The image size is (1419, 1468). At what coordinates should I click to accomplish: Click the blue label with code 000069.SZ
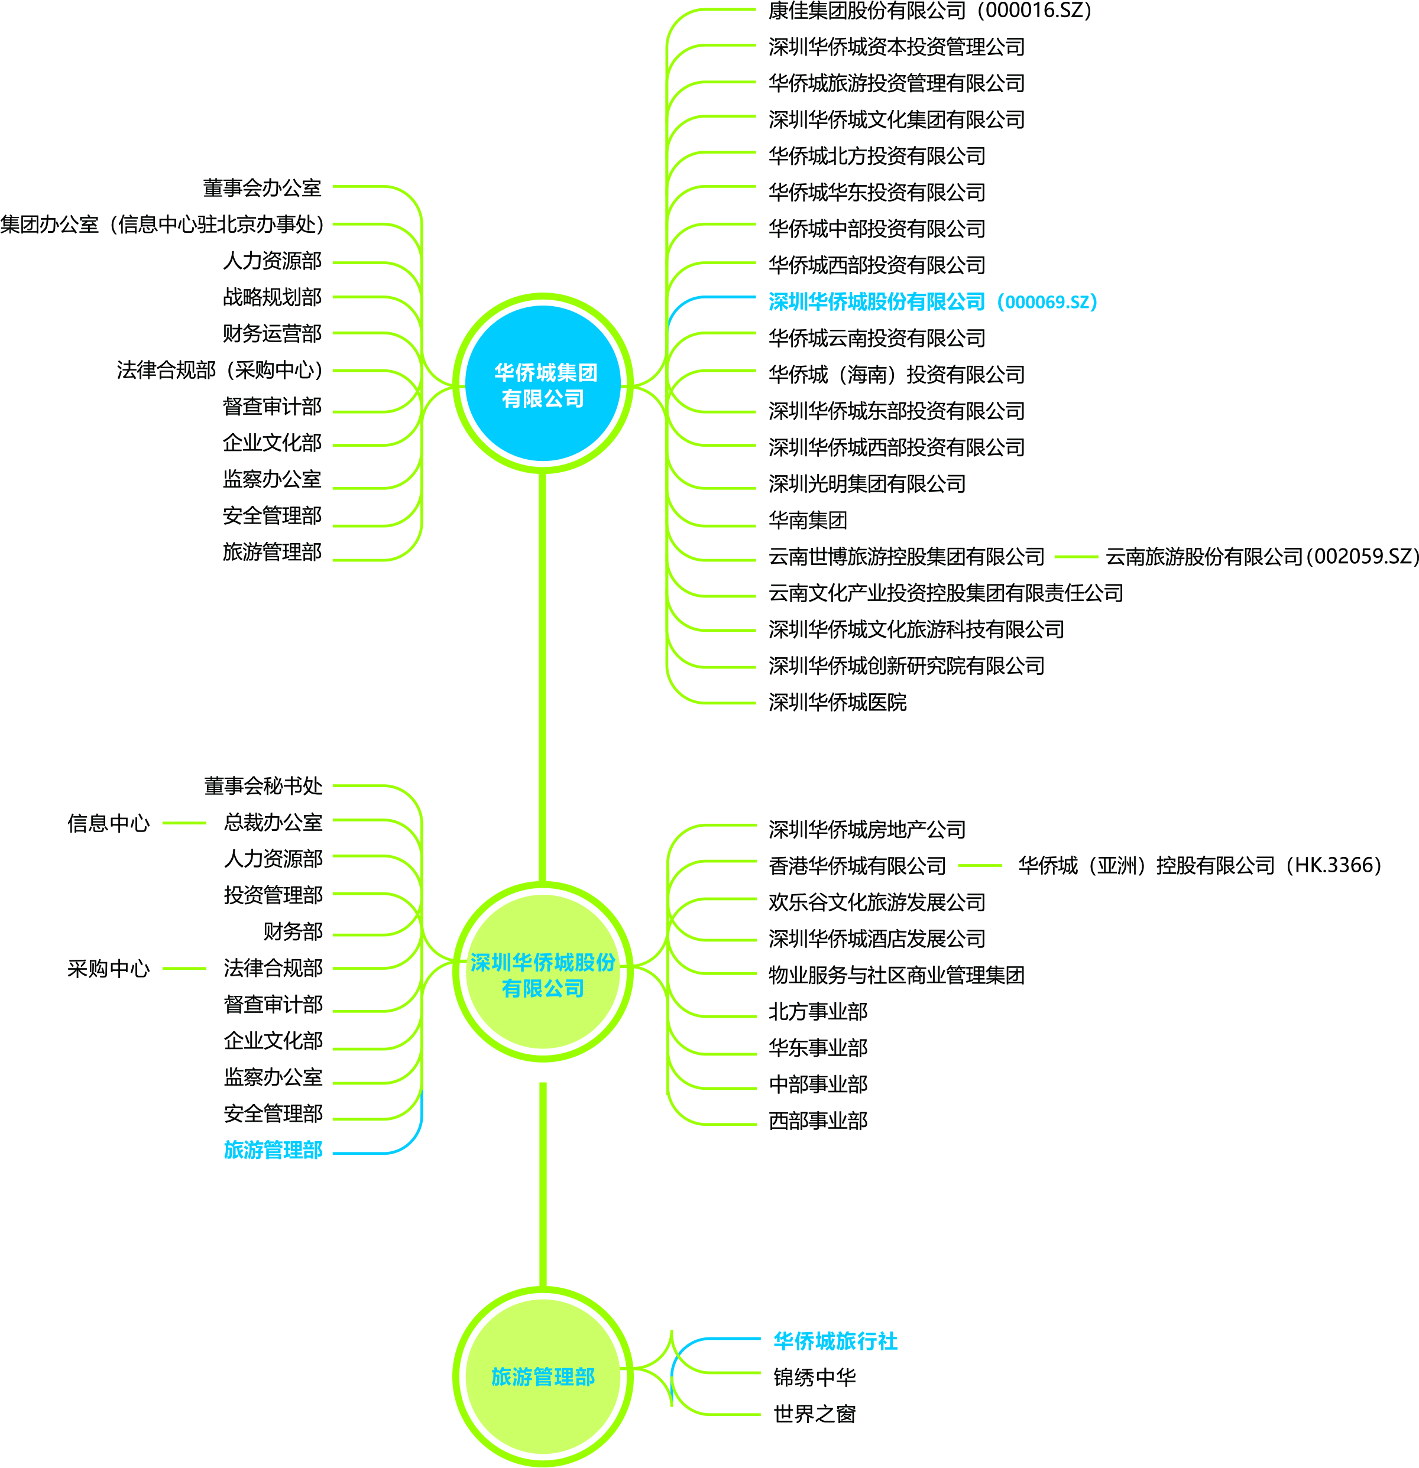point(933,302)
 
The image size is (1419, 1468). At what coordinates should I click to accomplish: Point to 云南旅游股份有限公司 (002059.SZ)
point(1262,557)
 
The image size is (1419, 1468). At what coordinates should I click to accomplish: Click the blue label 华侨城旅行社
point(835,1341)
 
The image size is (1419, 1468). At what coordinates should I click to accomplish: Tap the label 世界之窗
point(814,1413)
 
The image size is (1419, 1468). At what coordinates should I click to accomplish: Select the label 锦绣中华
point(814,1376)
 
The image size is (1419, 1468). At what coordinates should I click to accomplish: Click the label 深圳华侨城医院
point(837,702)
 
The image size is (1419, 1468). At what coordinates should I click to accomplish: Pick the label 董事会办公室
point(263,187)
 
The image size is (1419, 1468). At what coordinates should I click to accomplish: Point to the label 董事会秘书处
point(263,785)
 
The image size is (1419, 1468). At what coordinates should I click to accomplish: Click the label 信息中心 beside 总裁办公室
point(109,823)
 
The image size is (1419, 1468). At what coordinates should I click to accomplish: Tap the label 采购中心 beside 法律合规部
point(109,969)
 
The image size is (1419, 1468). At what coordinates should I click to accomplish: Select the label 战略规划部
point(272,297)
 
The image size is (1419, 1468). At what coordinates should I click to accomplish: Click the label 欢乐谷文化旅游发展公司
point(877,902)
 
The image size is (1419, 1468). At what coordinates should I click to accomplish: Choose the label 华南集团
point(808,520)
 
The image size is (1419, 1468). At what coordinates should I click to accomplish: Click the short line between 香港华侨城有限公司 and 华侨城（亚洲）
point(980,866)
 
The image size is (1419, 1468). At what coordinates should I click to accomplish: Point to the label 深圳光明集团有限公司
point(867,484)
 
